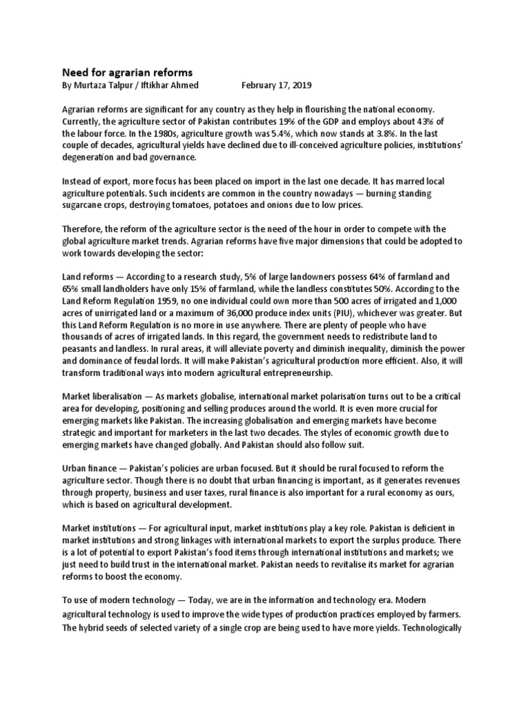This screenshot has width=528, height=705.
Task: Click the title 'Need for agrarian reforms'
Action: (128, 72)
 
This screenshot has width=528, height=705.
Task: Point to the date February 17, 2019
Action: (276, 86)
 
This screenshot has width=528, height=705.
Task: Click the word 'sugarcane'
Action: (85, 205)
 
